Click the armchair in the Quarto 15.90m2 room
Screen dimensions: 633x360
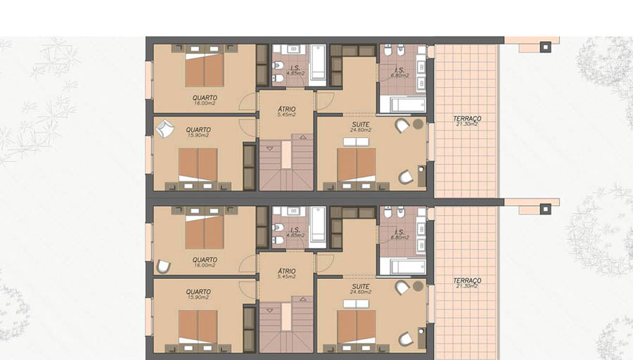click(x=165, y=129)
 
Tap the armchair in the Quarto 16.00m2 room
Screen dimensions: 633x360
click(x=163, y=266)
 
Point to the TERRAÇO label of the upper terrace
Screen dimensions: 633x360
click(x=467, y=119)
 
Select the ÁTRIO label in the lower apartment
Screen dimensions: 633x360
click(x=287, y=271)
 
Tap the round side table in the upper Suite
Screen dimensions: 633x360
click(x=418, y=124)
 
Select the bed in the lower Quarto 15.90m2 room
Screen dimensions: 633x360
click(x=198, y=328)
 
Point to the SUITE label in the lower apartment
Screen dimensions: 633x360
click(x=361, y=287)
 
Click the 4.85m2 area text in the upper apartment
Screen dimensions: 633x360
click(x=295, y=73)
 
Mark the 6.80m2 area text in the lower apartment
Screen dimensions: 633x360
click(x=399, y=238)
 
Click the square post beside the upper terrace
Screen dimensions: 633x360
click(x=545, y=47)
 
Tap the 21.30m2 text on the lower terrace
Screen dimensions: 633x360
click(x=467, y=286)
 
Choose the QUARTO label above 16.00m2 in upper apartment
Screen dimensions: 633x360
click(x=205, y=98)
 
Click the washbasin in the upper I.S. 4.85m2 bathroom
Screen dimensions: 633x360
click(x=293, y=49)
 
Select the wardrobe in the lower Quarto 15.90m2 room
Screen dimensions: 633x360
click(x=249, y=328)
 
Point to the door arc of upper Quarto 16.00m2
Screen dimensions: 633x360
click(x=247, y=100)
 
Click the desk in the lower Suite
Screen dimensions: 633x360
click(x=421, y=337)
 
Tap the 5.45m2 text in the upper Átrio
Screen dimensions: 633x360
click(x=287, y=115)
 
